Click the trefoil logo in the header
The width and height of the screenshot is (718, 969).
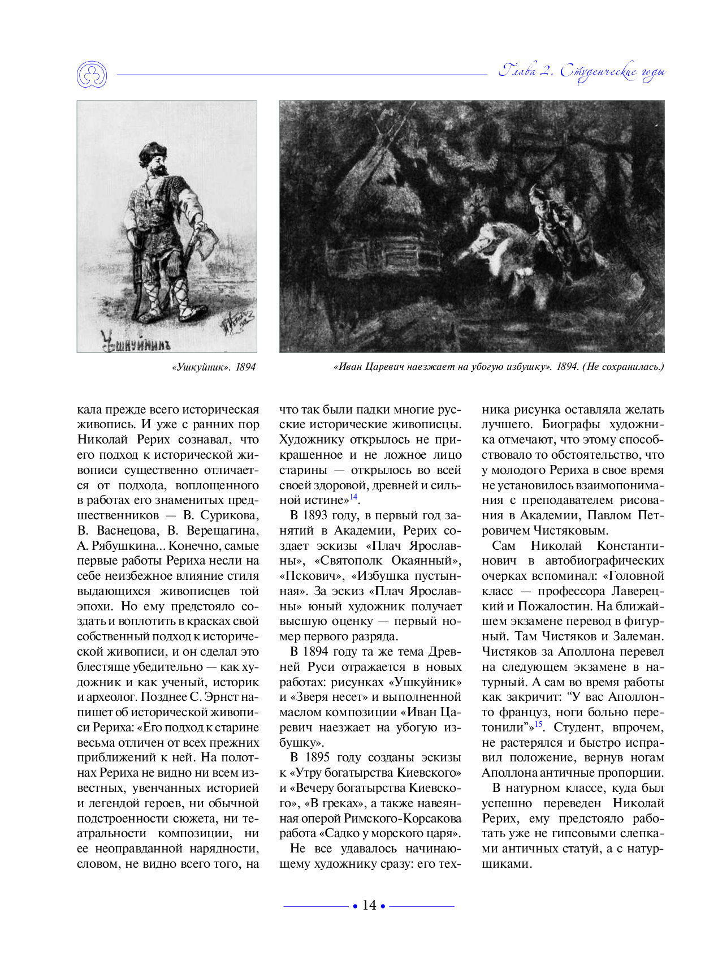point(91,74)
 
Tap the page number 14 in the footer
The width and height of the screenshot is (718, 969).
point(369,905)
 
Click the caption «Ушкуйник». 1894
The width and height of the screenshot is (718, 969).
point(213,367)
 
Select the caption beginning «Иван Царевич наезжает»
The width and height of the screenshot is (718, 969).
point(499,367)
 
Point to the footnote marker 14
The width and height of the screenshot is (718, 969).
point(353,497)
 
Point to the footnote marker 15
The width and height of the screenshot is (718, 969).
point(538,724)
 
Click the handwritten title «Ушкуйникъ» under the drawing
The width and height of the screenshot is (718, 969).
point(136,341)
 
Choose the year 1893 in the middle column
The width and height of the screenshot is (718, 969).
point(315,515)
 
